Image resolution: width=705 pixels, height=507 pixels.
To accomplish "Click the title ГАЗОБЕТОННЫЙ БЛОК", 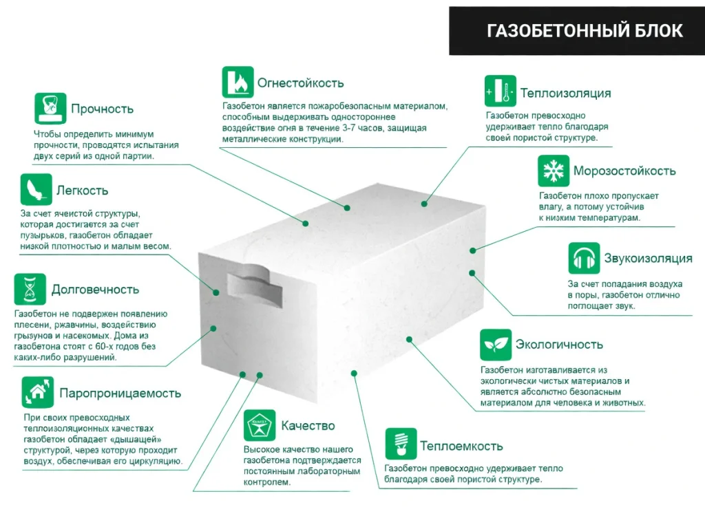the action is pos(585,31).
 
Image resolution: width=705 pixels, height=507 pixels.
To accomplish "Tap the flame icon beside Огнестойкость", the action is pos(238,82).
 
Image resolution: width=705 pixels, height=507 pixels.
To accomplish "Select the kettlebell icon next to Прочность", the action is pos(50,108).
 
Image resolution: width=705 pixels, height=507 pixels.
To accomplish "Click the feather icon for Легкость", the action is pos(36,189).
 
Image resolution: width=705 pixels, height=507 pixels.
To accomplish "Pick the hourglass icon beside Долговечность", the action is pos(30,289).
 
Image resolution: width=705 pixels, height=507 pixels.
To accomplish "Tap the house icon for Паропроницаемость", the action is pos(38,392).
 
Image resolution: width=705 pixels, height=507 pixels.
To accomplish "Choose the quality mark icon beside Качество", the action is pos(260,425).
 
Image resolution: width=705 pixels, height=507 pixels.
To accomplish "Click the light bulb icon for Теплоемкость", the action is pos(401,444).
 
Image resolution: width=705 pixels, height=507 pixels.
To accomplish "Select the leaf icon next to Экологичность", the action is pos(496,345).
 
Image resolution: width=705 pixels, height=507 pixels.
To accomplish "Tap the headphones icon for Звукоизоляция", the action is pos(584,258).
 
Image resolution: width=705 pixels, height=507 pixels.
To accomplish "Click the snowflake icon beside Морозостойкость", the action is pos(554,171).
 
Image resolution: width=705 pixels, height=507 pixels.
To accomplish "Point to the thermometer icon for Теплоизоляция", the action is pos(501,91).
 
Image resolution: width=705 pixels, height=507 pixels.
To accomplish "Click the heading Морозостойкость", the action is pos(624,171).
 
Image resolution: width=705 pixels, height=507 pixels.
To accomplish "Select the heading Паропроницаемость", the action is pos(120,393).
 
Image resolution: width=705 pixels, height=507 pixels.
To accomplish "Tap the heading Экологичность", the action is pos(559,345).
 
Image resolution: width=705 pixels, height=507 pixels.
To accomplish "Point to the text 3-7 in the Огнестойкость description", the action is pos(352,128).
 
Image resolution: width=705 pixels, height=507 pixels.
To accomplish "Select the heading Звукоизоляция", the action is pos(649,258).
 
